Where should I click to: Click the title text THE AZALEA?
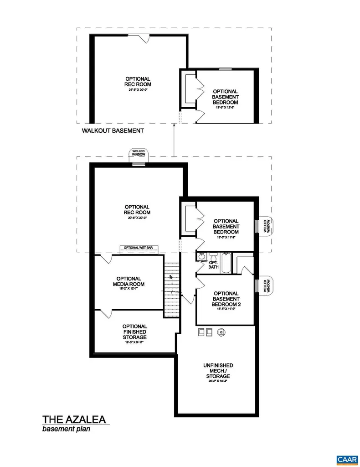tap(75, 420)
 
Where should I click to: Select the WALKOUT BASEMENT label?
tap(113, 130)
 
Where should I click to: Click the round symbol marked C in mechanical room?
tap(221, 332)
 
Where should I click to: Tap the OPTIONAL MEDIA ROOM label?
tap(129, 284)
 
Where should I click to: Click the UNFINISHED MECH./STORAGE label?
tap(218, 371)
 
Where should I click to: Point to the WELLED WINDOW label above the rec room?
tap(139, 153)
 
